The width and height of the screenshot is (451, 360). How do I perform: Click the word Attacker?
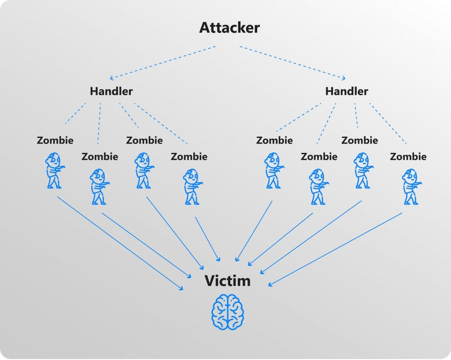tap(229, 28)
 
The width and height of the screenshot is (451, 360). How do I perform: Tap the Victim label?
tap(228, 281)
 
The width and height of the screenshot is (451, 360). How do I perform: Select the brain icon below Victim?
tap(228, 312)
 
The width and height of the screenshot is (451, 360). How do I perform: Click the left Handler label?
tap(111, 91)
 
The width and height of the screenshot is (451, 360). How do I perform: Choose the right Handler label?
tap(347, 91)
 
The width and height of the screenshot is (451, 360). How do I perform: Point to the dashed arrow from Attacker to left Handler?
tap(163, 62)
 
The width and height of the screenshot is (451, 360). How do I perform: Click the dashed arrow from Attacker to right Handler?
tap(293, 62)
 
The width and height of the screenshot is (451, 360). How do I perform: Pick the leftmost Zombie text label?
tap(55, 141)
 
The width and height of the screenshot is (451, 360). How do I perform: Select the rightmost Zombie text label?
tap(408, 156)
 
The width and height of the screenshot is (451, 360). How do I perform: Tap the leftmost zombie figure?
tap(54, 171)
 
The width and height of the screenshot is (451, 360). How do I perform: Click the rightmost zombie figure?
tap(411, 187)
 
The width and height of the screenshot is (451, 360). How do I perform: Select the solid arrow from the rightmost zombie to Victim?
tap(335, 249)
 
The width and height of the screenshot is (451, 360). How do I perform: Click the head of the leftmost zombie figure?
tap(54, 160)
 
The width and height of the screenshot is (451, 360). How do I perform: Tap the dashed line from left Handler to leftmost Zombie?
tap(75, 113)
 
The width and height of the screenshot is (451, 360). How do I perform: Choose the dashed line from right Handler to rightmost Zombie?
tap(388, 123)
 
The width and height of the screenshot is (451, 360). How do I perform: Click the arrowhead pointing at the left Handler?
tap(112, 78)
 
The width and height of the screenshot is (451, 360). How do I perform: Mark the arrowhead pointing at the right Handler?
tap(344, 78)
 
